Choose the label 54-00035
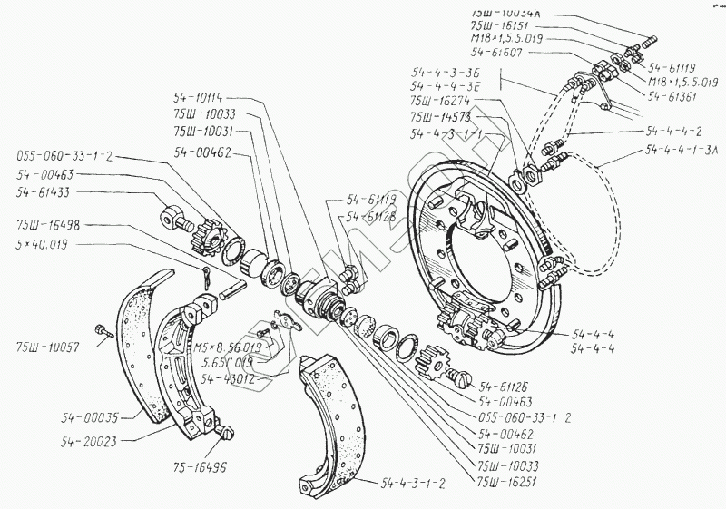pos(91,416)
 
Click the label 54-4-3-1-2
pos(414,483)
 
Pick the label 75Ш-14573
pos(439,117)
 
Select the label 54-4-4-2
pos(672,130)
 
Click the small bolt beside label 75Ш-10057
pos(102,331)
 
